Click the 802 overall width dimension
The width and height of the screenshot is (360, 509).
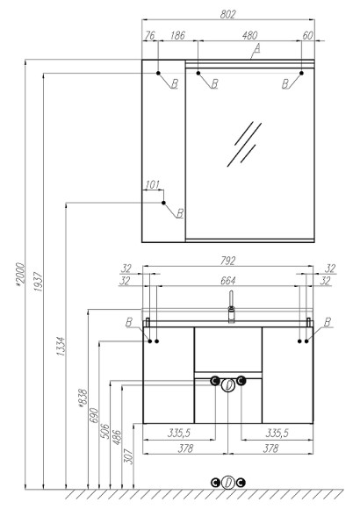pos(227,15)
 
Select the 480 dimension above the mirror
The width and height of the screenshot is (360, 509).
pos(249,35)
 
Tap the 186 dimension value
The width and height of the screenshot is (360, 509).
pos(177,35)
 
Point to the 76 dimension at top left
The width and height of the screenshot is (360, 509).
pos(149,35)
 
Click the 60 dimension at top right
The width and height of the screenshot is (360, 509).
pos(307,35)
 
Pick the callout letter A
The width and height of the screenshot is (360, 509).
pos(257,48)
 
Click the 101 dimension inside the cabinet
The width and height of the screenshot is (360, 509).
pos(152,185)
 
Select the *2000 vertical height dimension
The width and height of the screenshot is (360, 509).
pos(20,275)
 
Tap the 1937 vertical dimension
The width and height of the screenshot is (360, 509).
pos(39,282)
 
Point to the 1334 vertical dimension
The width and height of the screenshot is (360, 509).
pos(61,347)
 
